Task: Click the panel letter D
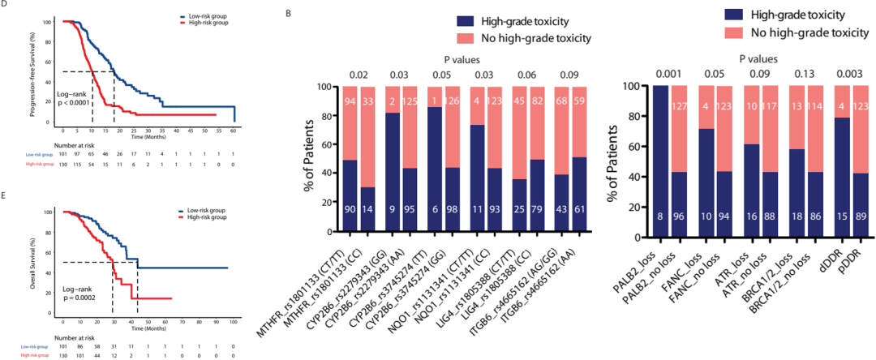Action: tap(6, 6)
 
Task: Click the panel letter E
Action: tap(6, 195)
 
